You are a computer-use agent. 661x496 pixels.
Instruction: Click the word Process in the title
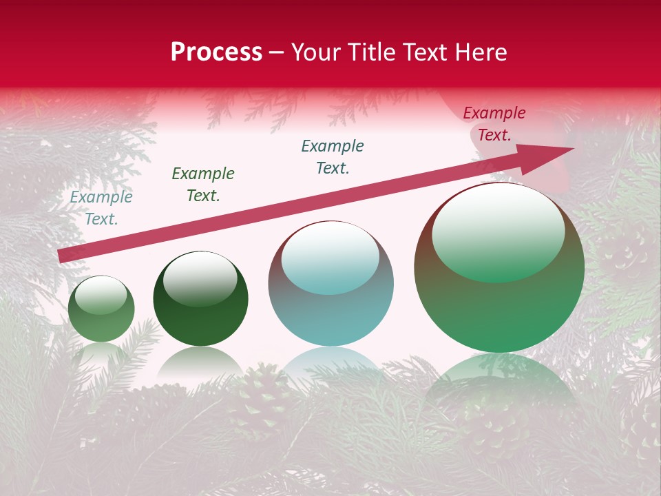coord(216,52)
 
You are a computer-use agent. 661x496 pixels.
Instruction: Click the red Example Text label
coord(494,124)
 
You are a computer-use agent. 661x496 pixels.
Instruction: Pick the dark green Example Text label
coord(202,184)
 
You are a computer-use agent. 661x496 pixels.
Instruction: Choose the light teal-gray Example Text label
coord(101,207)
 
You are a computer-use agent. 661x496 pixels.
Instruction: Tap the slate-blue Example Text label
coord(333,156)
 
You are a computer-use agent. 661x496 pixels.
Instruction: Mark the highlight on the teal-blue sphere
coord(330,257)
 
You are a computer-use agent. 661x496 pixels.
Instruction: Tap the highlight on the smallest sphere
coord(101,294)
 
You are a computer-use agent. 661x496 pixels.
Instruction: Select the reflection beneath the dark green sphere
coord(200,362)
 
